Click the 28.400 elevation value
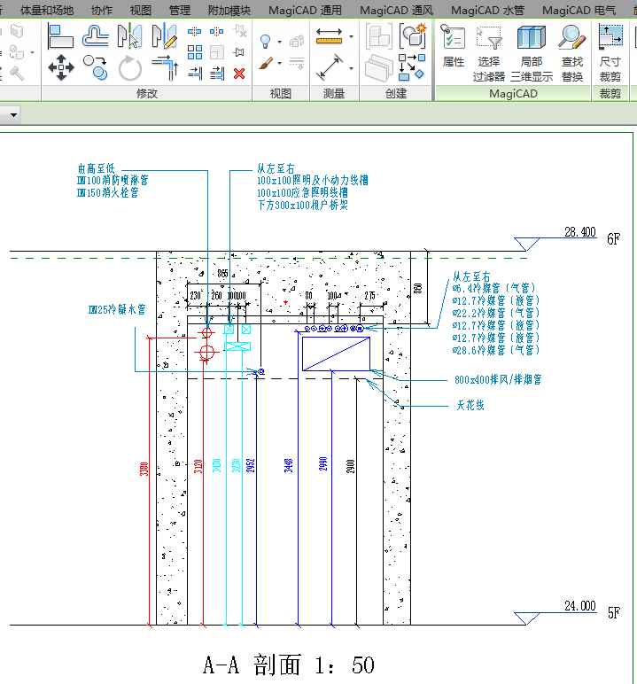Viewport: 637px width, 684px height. tap(579, 232)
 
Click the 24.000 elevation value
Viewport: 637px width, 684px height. tap(579, 606)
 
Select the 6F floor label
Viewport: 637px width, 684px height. tap(614, 239)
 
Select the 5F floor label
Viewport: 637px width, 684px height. tap(614, 612)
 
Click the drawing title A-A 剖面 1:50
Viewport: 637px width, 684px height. tap(289, 665)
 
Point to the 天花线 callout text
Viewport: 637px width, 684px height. tap(470, 406)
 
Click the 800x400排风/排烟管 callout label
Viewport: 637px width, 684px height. tap(497, 379)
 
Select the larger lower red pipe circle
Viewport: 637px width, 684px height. tap(207, 354)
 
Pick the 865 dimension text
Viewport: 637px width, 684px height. tap(222, 274)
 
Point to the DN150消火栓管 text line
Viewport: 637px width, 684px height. tap(107, 192)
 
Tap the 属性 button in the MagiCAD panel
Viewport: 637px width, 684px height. tap(454, 49)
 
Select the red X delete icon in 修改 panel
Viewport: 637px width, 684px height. tap(238, 73)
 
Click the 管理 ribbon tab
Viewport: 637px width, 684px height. tap(180, 11)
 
